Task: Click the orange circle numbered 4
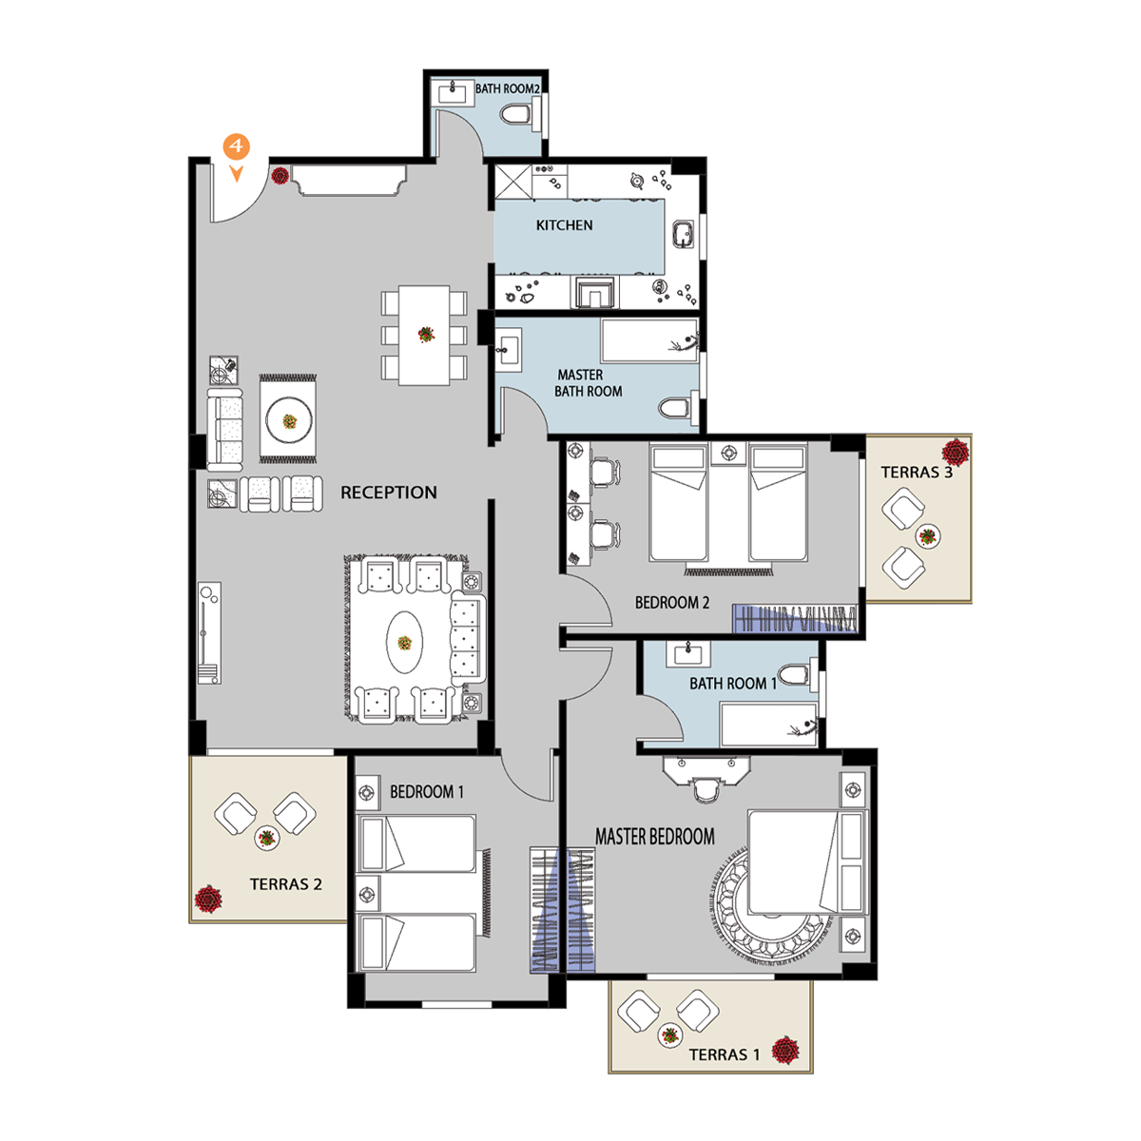pyautogui.click(x=236, y=145)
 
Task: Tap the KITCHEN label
pyautogui.click(x=564, y=225)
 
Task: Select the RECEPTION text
pyautogui.click(x=389, y=492)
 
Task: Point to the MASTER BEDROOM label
pyautogui.click(x=654, y=836)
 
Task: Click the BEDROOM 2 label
pyautogui.click(x=672, y=602)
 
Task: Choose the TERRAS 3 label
pyautogui.click(x=917, y=472)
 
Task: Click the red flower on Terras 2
pyautogui.click(x=208, y=899)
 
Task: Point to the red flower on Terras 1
pyautogui.click(x=785, y=1051)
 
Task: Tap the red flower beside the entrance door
pyautogui.click(x=280, y=175)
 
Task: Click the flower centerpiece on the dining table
pyautogui.click(x=426, y=335)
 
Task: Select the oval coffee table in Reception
pyautogui.click(x=404, y=643)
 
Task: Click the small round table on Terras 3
pyautogui.click(x=927, y=537)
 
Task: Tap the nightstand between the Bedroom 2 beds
pyautogui.click(x=729, y=454)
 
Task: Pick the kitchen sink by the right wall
pyautogui.click(x=685, y=233)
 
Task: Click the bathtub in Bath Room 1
pyautogui.click(x=769, y=725)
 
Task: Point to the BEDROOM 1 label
pyautogui.click(x=426, y=792)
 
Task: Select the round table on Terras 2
pyautogui.click(x=267, y=838)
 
